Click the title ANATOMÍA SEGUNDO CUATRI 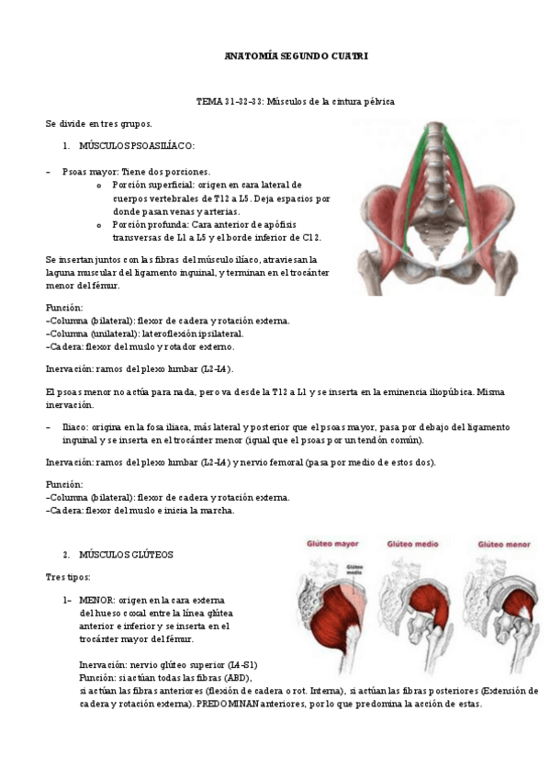(x=296, y=57)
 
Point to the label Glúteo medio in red (x=413, y=544)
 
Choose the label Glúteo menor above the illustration (x=498, y=544)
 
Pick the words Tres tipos (x=68, y=577)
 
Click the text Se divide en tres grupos (x=99, y=123)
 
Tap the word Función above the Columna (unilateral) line (x=64, y=308)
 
